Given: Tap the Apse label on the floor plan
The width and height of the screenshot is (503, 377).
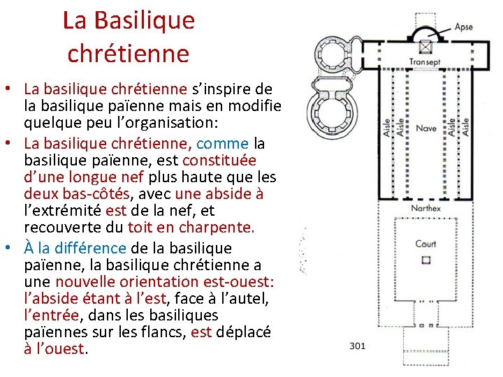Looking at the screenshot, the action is (463, 27).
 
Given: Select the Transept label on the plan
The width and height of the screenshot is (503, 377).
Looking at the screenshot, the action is (425, 62).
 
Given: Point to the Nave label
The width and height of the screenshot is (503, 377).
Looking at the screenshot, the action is (425, 128).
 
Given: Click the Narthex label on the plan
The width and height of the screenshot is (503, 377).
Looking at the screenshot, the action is (425, 208).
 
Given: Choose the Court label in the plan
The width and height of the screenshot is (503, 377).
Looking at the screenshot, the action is (425, 244).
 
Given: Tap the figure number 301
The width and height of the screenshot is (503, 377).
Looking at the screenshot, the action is (358, 345).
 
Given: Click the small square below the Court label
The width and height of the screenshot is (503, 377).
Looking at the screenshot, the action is (425, 260).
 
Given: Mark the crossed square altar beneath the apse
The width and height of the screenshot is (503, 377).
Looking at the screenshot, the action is (425, 47).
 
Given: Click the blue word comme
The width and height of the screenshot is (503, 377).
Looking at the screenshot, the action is (223, 144).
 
